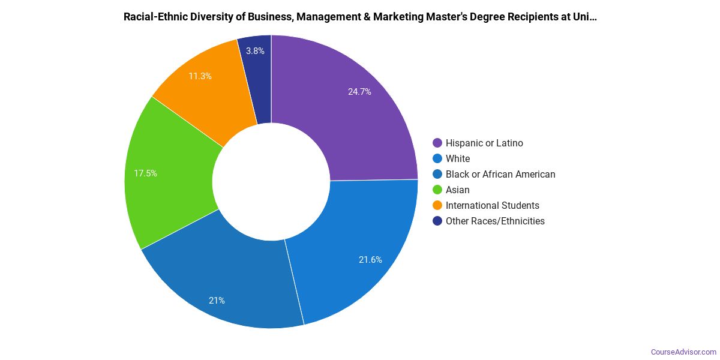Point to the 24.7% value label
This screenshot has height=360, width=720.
pos(359,92)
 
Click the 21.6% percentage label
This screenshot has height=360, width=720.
pos(370,260)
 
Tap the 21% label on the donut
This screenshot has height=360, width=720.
pos(217,301)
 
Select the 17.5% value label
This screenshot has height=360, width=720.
pos(145,173)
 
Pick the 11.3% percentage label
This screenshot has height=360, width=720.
pos(200,76)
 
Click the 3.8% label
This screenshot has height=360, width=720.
pos(256,51)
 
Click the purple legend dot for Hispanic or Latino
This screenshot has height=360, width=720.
pos(437,143)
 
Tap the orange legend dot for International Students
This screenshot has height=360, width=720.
pos(437,205)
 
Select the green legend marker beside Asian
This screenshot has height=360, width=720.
pos(437,190)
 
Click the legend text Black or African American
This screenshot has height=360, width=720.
pos(500,174)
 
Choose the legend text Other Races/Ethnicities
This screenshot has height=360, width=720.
pos(495,221)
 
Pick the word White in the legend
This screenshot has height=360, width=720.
pos(458,158)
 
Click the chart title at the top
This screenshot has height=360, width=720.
pos(360,17)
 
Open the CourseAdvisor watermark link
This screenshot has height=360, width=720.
pos(683,352)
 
